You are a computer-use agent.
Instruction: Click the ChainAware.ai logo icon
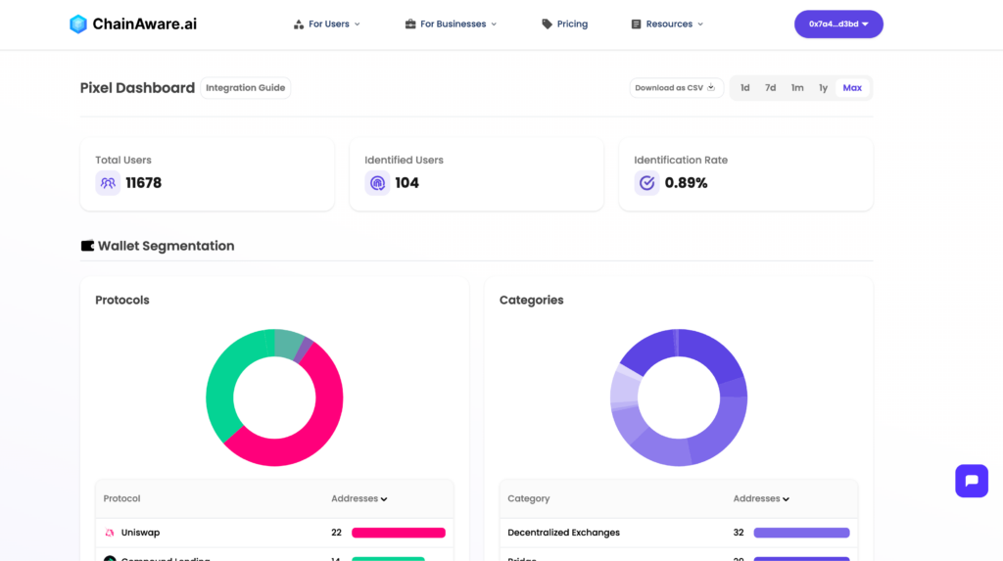click(x=78, y=23)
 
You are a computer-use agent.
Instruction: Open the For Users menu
click(x=327, y=23)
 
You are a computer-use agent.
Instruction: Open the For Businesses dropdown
click(x=451, y=23)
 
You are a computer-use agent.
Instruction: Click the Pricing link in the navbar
click(x=565, y=23)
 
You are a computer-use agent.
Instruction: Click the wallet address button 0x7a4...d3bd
click(x=838, y=23)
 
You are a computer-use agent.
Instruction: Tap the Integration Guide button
click(x=245, y=88)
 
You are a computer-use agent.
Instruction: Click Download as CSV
click(x=676, y=88)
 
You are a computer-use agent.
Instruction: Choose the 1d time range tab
click(x=744, y=88)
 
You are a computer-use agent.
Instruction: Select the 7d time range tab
click(x=771, y=88)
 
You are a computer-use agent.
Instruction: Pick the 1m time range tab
click(x=797, y=88)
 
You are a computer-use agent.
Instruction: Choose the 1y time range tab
click(x=823, y=88)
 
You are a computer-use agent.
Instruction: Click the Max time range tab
click(x=852, y=88)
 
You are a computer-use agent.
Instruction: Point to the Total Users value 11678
click(x=143, y=183)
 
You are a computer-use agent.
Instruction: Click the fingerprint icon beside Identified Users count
click(x=377, y=183)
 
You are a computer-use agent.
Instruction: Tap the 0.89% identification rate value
click(x=686, y=183)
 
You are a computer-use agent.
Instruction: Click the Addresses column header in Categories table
click(x=761, y=498)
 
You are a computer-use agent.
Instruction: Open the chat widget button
click(x=972, y=481)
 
